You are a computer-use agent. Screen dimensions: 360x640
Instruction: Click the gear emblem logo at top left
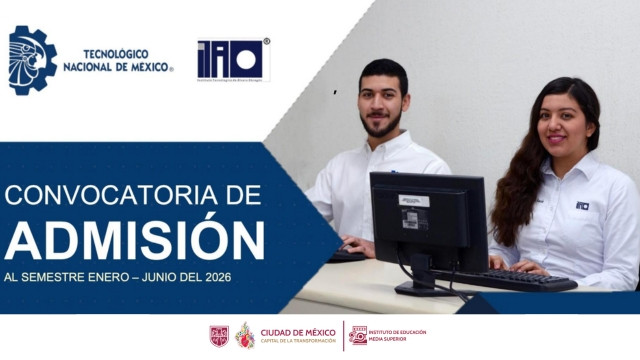33,60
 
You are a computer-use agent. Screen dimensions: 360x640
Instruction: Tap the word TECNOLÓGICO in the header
116,53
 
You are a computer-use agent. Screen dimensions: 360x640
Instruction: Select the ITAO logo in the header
233,60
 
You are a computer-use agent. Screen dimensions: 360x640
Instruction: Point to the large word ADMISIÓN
134,238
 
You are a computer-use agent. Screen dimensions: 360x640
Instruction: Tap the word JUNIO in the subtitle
163,276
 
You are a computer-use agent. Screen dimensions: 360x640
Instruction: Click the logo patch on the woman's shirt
582,206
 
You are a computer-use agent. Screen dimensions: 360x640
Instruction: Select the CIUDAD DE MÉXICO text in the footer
298,332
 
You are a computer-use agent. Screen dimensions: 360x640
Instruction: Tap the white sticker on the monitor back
414,200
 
